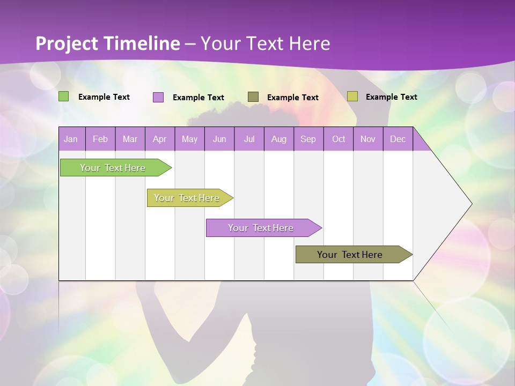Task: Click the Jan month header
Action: click(x=71, y=139)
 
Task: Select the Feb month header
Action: click(x=100, y=139)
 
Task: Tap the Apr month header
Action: click(x=160, y=139)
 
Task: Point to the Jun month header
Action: click(x=219, y=139)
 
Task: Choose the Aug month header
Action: click(x=279, y=139)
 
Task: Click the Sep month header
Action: click(x=308, y=139)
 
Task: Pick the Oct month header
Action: click(x=339, y=139)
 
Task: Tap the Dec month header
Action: click(x=398, y=139)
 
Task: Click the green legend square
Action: click(x=64, y=96)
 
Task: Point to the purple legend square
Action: click(x=158, y=97)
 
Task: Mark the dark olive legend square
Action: click(x=253, y=96)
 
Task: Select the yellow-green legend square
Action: click(x=352, y=96)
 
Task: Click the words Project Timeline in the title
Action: click(x=108, y=43)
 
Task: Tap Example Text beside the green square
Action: click(x=104, y=97)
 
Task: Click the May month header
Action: click(x=189, y=139)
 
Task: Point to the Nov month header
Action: click(x=368, y=139)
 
